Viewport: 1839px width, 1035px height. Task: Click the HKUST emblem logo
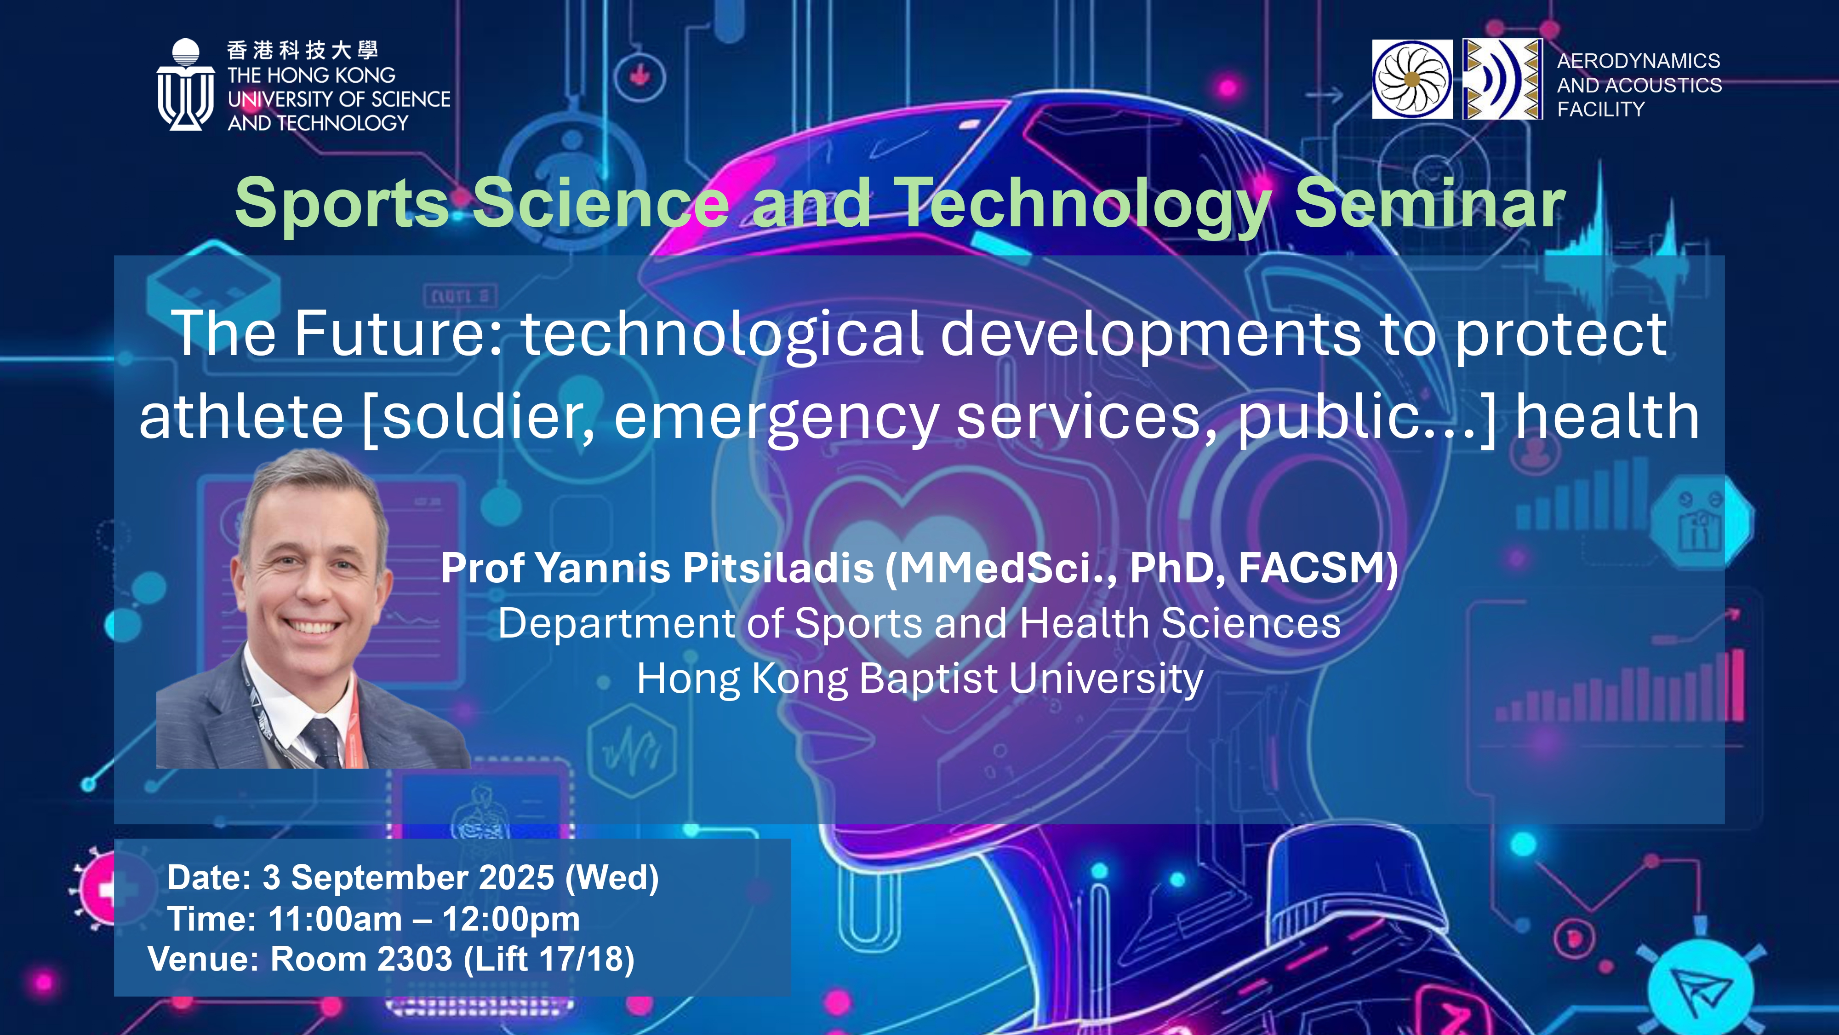pos(186,84)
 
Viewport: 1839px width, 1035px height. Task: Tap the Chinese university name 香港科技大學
pos(303,50)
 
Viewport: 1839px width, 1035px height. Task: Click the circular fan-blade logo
pos(1412,79)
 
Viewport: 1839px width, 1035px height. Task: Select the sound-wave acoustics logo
pos(1502,79)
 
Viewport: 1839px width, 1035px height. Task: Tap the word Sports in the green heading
pos(341,206)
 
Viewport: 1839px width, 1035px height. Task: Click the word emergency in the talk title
pos(777,419)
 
